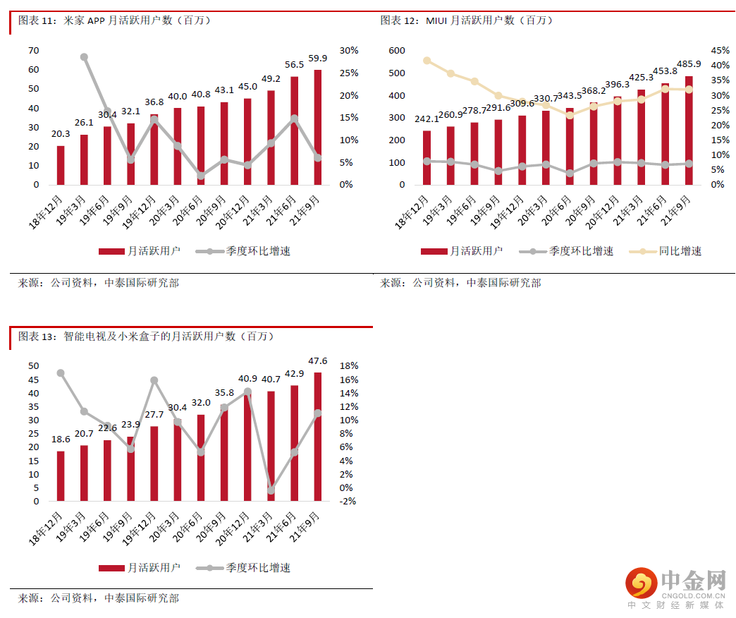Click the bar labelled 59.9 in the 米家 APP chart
[x=318, y=127]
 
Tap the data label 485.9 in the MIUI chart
[x=689, y=63]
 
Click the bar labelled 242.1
[x=427, y=157]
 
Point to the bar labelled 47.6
[x=318, y=437]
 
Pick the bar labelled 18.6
[x=61, y=476]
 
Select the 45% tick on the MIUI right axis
[x=720, y=50]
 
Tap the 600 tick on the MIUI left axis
[x=396, y=50]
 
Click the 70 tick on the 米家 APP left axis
[x=34, y=50]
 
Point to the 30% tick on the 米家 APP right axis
[x=349, y=50]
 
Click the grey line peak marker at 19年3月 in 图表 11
[x=84, y=57]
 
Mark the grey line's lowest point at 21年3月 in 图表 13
[x=271, y=490]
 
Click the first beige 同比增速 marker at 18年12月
[x=427, y=61]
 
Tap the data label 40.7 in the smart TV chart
[x=271, y=379]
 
